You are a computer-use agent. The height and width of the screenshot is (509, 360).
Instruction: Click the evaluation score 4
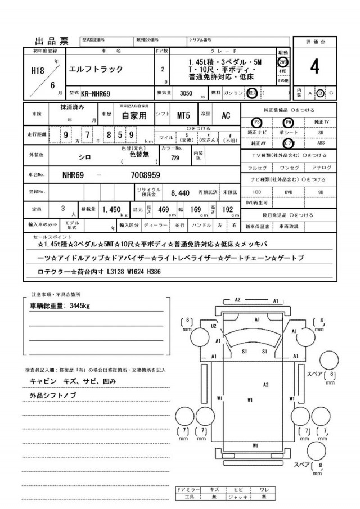point(315,66)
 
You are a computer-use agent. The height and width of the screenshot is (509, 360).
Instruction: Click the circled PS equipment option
point(256,122)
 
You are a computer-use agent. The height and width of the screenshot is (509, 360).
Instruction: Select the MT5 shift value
point(183,115)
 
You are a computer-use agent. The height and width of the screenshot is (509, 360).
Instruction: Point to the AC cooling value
point(226,115)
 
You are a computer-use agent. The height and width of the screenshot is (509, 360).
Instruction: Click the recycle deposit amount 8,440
point(180,192)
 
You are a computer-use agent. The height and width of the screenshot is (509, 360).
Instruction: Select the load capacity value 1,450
point(112,210)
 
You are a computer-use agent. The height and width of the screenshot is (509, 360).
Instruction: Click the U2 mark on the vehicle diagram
point(214,326)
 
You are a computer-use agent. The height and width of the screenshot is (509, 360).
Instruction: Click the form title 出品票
point(52,41)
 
